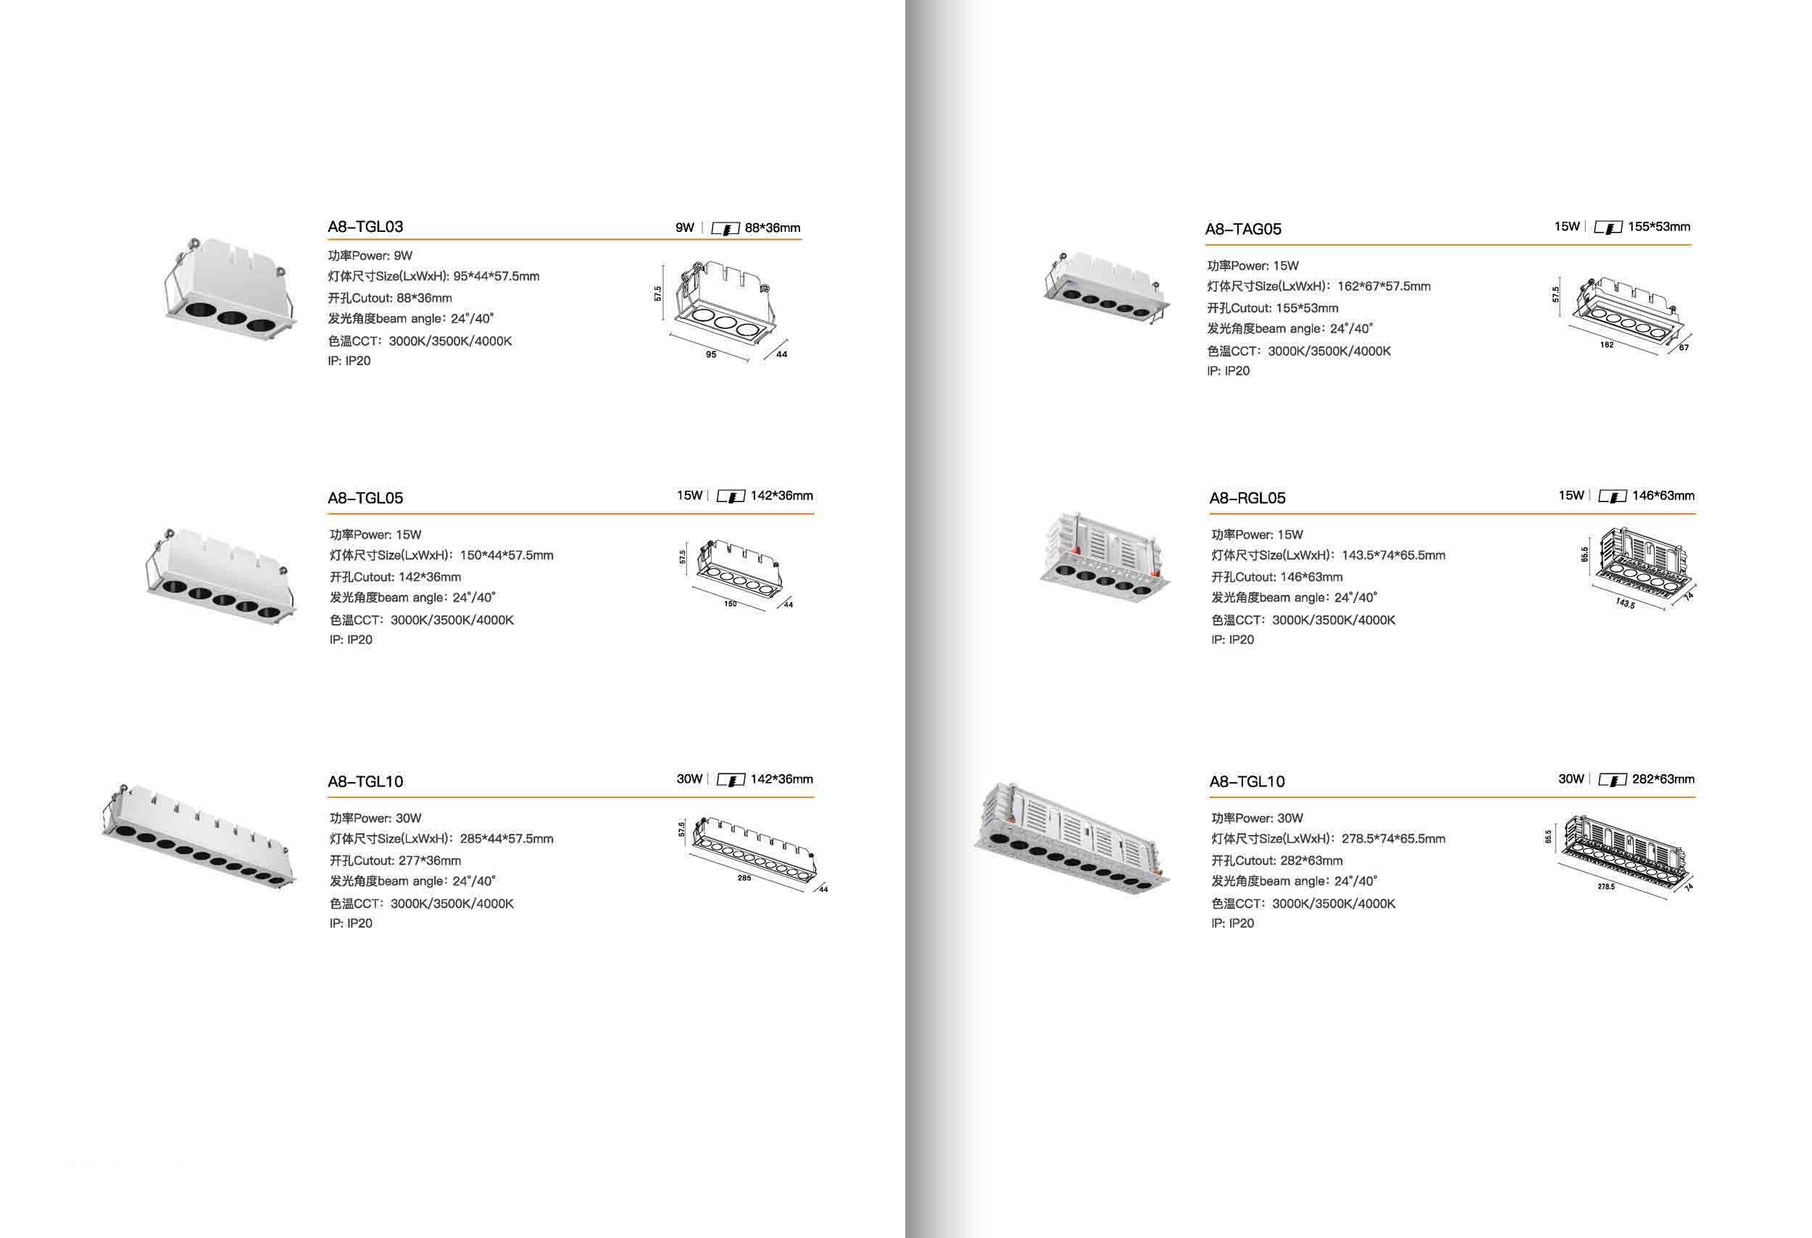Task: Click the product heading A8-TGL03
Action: click(365, 227)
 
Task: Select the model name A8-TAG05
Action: click(1243, 229)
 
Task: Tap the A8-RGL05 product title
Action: click(1247, 498)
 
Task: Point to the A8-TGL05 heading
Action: click(365, 498)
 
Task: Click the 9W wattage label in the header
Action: click(684, 228)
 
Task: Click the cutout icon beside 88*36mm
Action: click(725, 228)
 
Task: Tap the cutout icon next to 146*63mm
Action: click(1612, 497)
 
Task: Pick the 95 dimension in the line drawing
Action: click(711, 354)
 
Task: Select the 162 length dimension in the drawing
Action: click(1606, 344)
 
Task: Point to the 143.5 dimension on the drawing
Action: click(1625, 603)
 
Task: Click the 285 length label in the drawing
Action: click(744, 878)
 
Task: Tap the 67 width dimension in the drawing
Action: click(1684, 348)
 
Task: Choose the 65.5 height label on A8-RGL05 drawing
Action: click(1584, 554)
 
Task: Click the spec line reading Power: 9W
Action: click(370, 256)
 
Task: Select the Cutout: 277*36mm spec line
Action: click(395, 860)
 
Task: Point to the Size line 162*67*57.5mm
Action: click(1318, 286)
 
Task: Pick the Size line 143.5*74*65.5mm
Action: click(1328, 555)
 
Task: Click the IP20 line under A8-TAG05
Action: click(1228, 371)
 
